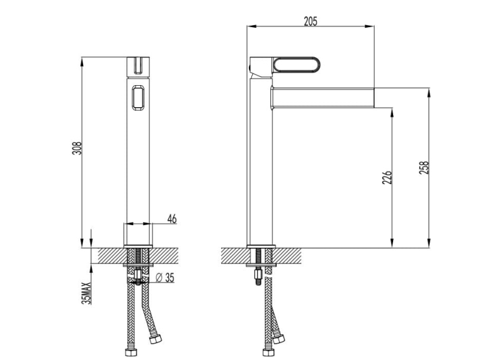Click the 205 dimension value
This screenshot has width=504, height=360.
pos(310,21)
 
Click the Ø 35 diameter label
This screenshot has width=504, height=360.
pos(164,277)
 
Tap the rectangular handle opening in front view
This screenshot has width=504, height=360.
pos(139,98)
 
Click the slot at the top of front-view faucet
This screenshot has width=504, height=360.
pos(139,64)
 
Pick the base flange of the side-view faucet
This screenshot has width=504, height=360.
pos(261,245)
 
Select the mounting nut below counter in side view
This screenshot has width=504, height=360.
pos(256,272)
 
